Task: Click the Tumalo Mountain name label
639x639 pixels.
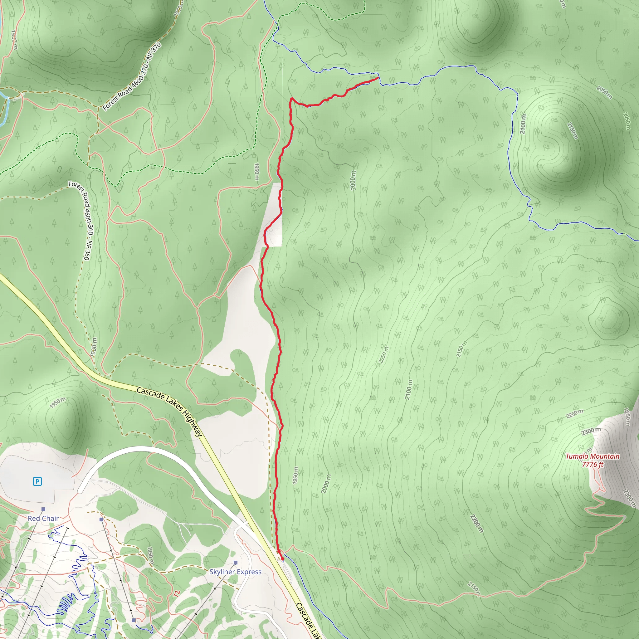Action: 593,456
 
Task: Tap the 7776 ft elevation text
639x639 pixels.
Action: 593,464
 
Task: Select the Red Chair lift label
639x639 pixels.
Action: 43,518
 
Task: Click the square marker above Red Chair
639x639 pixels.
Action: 43,509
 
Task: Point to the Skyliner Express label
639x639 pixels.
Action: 235,572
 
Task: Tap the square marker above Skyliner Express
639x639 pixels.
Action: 236,563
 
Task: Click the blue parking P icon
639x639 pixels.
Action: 37,481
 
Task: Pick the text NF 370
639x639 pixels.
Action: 154,51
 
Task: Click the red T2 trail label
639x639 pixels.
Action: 177,594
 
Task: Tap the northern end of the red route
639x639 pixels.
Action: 378,78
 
